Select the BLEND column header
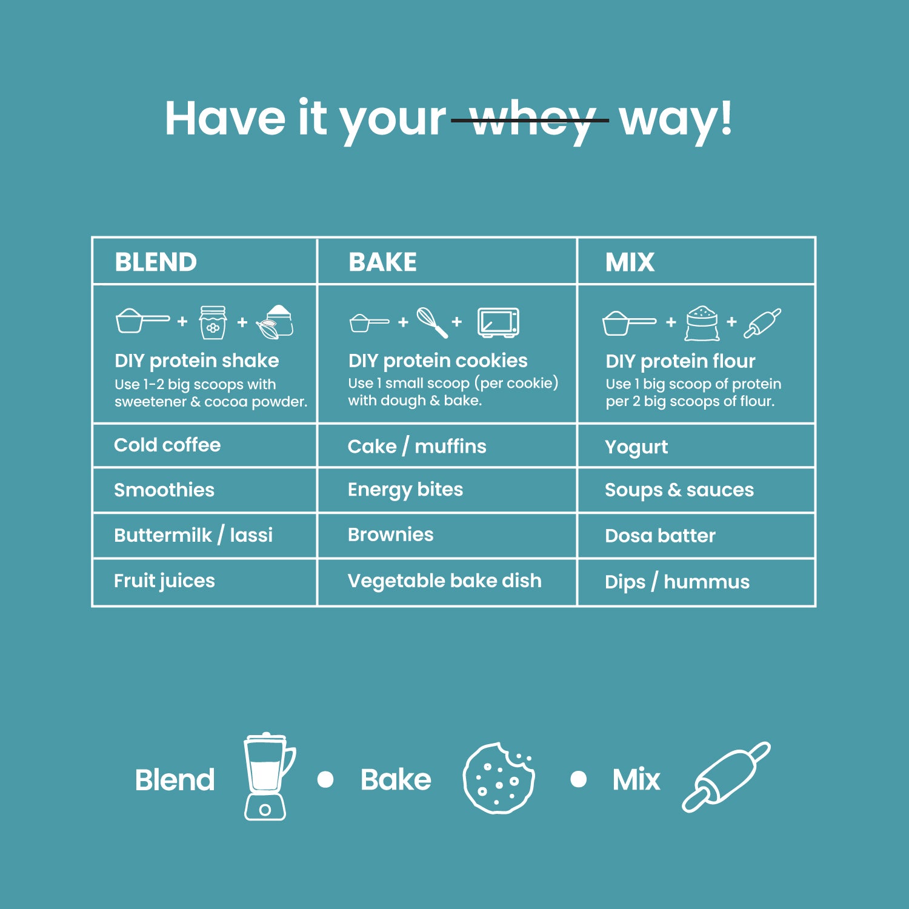tap(156, 262)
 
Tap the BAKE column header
tap(382, 262)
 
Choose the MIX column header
tap(630, 262)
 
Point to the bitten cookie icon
tap(498, 777)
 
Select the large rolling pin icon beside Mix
tap(726, 776)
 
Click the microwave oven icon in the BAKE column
tap(498, 322)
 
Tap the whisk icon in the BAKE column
tap(432, 322)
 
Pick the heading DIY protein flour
tap(681, 361)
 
